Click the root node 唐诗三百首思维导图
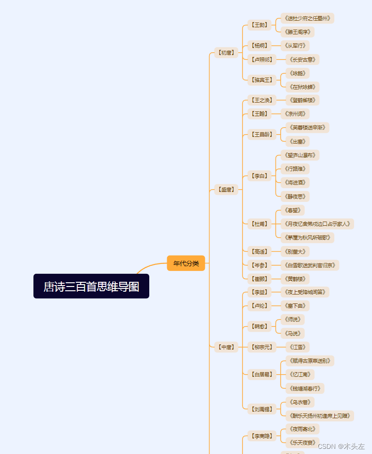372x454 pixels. point(91,287)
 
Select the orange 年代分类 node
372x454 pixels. point(186,263)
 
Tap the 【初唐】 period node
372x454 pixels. point(226,53)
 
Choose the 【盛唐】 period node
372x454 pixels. point(226,190)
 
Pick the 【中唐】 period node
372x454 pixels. point(226,347)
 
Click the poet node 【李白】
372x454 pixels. point(260,176)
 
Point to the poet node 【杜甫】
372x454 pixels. point(260,224)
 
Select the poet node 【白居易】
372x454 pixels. point(262,374)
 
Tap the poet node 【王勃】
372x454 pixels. point(260,25)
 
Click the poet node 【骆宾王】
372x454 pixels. point(262,80)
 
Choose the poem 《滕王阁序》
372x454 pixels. point(297,32)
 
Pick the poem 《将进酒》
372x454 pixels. point(295,183)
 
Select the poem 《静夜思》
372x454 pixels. point(295,197)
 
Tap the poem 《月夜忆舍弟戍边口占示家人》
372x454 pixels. point(317,224)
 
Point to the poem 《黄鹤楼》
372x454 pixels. point(295,279)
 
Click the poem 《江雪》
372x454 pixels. point(297,347)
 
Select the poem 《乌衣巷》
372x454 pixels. point(300,402)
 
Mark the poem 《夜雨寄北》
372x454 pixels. point(302,429)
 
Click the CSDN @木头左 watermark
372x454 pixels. point(341,446)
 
